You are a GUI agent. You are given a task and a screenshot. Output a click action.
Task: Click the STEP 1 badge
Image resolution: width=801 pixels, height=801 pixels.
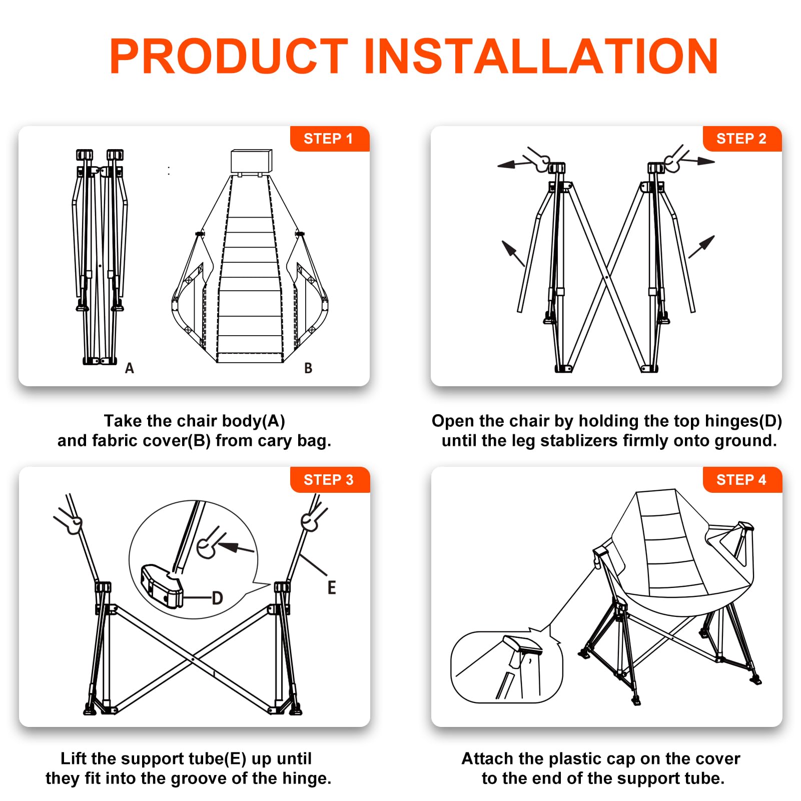(329, 139)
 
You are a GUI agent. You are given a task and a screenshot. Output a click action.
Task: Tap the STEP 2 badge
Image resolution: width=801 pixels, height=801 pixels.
(742, 139)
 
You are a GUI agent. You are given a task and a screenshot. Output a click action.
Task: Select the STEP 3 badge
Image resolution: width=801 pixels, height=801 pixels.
(329, 480)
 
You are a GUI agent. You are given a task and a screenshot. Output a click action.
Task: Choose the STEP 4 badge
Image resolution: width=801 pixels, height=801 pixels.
(742, 480)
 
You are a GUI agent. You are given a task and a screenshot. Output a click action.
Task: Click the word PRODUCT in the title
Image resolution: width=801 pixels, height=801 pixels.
(229, 56)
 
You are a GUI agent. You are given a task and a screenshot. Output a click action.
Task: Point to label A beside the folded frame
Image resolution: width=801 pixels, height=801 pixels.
(130, 368)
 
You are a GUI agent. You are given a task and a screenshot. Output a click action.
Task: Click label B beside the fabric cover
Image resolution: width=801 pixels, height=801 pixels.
(308, 368)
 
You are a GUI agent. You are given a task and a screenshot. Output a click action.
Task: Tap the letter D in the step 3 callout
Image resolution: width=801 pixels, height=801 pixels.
(217, 598)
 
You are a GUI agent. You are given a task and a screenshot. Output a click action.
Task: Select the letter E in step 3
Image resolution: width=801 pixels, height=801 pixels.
(332, 587)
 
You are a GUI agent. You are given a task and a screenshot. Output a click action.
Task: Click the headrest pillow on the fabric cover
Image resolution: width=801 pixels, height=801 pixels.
(251, 161)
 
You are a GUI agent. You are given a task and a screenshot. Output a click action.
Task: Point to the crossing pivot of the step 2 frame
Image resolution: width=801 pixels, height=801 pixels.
(606, 277)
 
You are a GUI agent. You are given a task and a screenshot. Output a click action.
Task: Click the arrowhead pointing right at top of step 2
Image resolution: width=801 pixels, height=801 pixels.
(706, 161)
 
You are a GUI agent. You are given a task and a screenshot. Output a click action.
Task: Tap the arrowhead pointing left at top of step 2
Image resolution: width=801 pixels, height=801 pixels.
(506, 165)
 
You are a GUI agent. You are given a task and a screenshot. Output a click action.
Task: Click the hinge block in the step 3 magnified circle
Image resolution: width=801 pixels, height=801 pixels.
(162, 585)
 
